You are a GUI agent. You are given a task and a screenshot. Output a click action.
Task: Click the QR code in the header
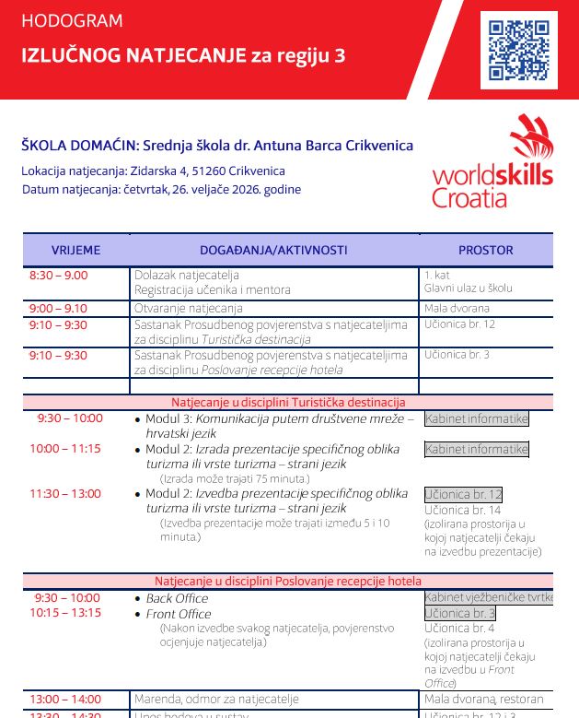click(519, 50)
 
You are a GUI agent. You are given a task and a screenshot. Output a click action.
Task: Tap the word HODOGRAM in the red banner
click(72, 21)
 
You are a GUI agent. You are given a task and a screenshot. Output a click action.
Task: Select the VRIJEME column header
click(75, 250)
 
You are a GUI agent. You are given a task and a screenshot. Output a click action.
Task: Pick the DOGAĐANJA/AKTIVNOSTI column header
click(273, 250)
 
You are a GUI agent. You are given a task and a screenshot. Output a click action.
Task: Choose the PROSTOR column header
click(485, 250)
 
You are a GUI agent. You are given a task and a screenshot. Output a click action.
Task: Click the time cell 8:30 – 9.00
click(59, 276)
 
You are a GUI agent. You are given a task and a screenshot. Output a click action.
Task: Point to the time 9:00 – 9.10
click(58, 309)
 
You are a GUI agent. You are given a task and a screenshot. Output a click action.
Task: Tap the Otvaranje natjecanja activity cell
click(189, 309)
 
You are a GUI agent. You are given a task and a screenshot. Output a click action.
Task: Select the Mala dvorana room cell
click(457, 309)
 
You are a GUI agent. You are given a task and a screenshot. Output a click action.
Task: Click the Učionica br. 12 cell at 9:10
click(459, 324)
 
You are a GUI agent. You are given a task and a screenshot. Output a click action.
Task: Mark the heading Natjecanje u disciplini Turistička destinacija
click(288, 403)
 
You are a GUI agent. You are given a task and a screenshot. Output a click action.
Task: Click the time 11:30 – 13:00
click(65, 494)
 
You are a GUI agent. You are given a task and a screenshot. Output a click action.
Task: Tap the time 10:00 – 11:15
click(65, 449)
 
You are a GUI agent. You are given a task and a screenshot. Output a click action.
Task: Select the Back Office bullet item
click(177, 598)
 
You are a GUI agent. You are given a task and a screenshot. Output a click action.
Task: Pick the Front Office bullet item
click(179, 614)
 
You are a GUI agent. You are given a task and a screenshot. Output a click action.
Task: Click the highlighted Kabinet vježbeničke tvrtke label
click(488, 597)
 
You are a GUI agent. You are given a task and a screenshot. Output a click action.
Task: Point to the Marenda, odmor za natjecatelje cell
click(216, 700)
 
